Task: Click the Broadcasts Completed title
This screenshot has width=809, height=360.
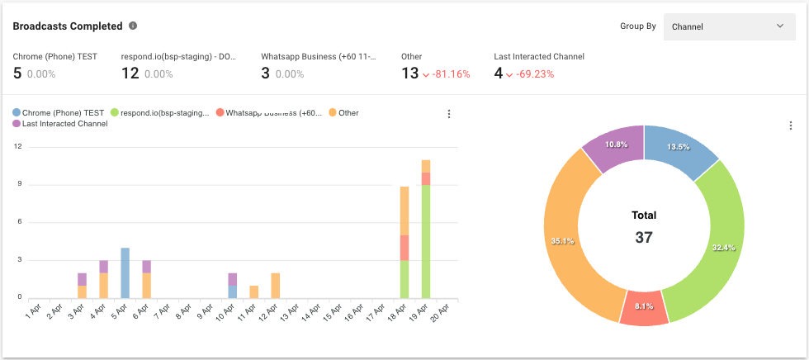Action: (68, 26)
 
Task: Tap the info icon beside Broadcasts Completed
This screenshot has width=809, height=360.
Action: (133, 26)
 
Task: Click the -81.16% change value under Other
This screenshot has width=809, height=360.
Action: (446, 73)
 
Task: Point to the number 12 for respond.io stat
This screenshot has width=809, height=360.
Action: (130, 73)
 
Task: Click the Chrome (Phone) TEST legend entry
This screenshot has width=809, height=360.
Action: (59, 112)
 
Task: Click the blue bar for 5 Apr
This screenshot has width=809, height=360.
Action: (125, 272)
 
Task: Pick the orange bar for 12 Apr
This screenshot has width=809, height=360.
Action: (275, 285)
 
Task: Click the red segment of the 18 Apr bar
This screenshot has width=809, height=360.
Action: (404, 248)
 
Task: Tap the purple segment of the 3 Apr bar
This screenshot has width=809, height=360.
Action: (82, 279)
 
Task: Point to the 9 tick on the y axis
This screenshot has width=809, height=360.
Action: (18, 185)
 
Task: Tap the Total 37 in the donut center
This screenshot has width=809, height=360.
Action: (644, 227)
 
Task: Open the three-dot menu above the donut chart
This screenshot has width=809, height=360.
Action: (790, 126)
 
